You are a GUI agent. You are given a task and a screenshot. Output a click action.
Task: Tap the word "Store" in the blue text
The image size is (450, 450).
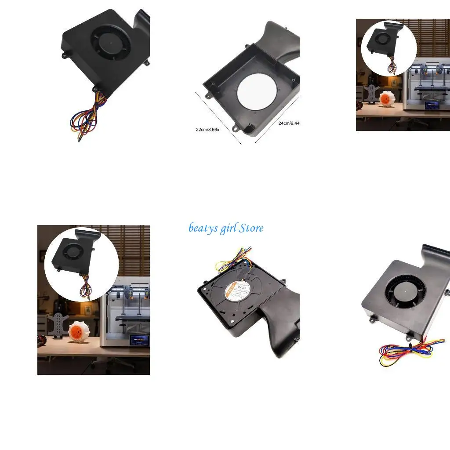click(x=252, y=228)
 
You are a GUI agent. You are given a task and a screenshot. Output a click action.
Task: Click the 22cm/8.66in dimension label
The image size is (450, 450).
click(x=209, y=130)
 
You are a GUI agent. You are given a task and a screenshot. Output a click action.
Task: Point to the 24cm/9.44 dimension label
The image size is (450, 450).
click(x=289, y=123)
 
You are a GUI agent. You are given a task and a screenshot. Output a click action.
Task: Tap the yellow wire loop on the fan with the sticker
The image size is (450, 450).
click(x=224, y=266)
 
